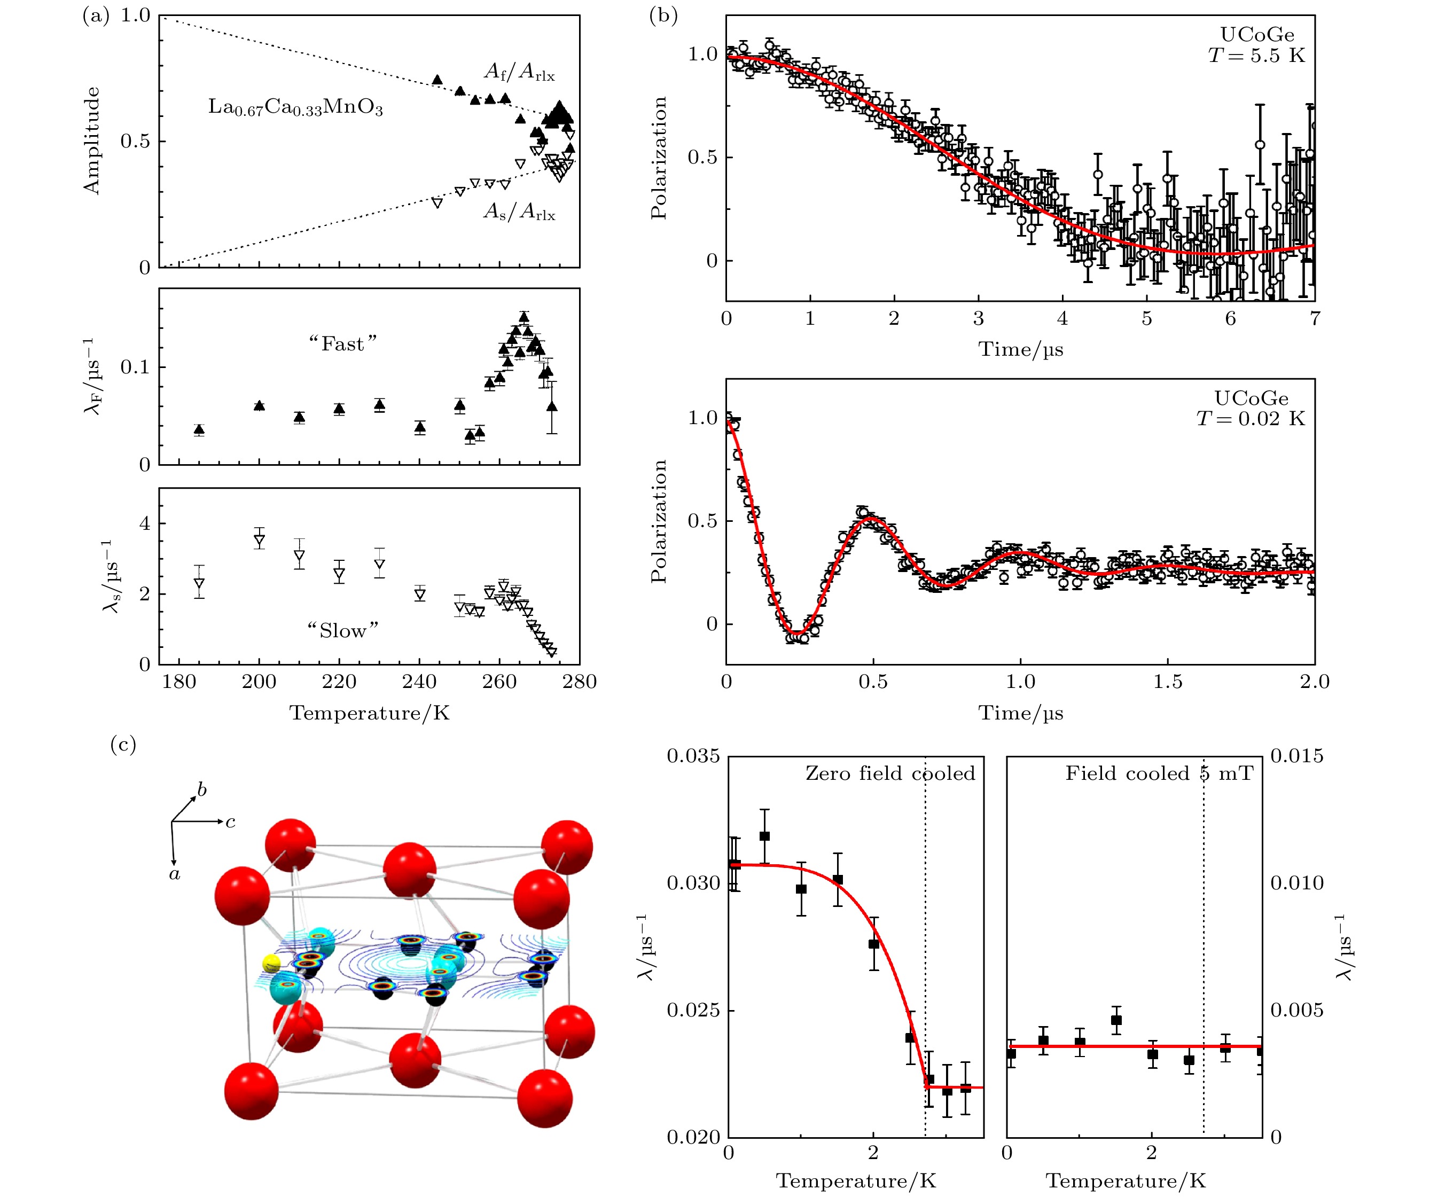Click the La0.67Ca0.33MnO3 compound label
coord(295,107)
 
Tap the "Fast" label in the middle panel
coord(342,344)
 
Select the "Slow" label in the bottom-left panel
coord(342,630)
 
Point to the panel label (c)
coord(123,745)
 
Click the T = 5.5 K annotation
coord(1256,55)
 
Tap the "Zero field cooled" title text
coord(890,773)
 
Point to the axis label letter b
coord(201,790)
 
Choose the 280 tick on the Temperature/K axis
coord(580,682)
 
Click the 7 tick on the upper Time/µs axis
coord(1314,318)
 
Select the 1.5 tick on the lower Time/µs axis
coord(1168,682)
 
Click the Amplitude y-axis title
coord(91,141)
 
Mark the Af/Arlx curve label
coord(519,72)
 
